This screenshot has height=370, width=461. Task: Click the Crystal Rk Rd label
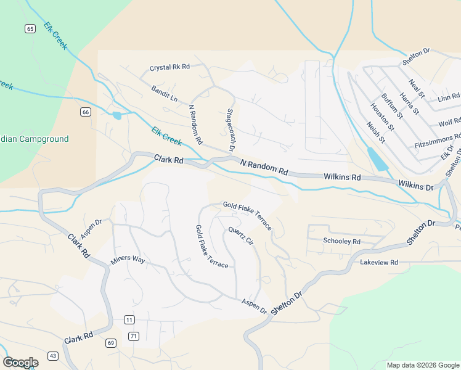pos(169,67)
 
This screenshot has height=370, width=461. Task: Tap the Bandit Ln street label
pos(164,94)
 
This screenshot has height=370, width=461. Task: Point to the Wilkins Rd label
pos(341,177)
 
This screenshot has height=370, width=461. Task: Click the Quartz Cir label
pos(241,236)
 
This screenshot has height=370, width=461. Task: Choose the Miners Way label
pos(128,260)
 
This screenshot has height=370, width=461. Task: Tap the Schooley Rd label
pos(341,242)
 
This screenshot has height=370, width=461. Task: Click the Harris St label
pos(409,103)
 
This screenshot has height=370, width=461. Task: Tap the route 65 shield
pos(30,29)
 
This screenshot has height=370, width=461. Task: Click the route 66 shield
pos(85,112)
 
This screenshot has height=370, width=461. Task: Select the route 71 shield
pos(134,335)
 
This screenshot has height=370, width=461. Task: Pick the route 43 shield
pos(53,356)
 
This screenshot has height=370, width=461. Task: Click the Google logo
pos(20,363)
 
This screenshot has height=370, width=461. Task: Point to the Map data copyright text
pos(422,365)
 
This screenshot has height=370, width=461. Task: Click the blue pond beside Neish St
pos(378,159)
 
